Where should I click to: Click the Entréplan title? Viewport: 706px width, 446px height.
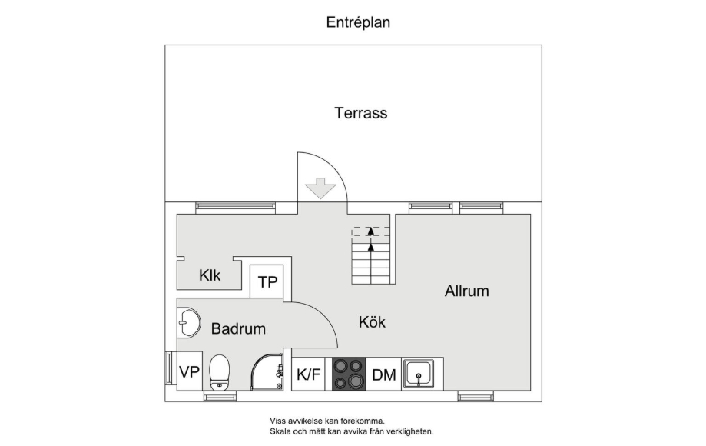358,22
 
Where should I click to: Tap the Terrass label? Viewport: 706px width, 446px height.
360,112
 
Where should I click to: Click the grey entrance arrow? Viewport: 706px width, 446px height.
320,188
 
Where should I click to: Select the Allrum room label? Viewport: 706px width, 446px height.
467,291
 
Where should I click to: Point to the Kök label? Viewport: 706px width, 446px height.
372,321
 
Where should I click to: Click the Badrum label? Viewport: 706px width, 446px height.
238,328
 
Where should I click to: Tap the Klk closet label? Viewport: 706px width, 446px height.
210,275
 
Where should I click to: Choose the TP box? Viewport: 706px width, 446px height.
267,281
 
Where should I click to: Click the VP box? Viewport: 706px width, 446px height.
190,371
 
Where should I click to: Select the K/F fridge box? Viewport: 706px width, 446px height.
308,374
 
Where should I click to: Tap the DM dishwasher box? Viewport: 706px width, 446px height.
383,374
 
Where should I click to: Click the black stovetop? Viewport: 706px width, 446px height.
349,374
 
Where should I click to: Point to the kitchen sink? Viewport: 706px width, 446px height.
418,374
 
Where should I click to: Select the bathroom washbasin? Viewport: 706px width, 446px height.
189,322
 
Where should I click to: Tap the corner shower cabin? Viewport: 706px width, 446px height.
267,372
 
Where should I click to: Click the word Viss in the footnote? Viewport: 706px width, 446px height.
277,421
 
